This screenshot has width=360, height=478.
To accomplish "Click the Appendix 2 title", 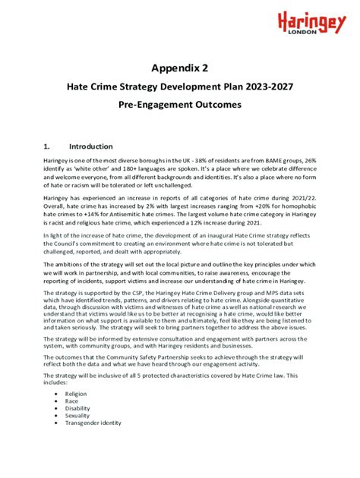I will [179, 68].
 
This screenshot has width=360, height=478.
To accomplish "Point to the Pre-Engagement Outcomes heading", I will [179, 105].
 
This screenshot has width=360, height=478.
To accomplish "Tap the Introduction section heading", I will [90, 146].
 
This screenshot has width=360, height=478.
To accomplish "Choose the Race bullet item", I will [72, 402].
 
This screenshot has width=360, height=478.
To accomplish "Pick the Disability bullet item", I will [77, 409].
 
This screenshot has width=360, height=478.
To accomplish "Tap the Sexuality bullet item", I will [77, 416].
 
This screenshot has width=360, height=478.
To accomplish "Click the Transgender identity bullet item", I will [93, 423].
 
